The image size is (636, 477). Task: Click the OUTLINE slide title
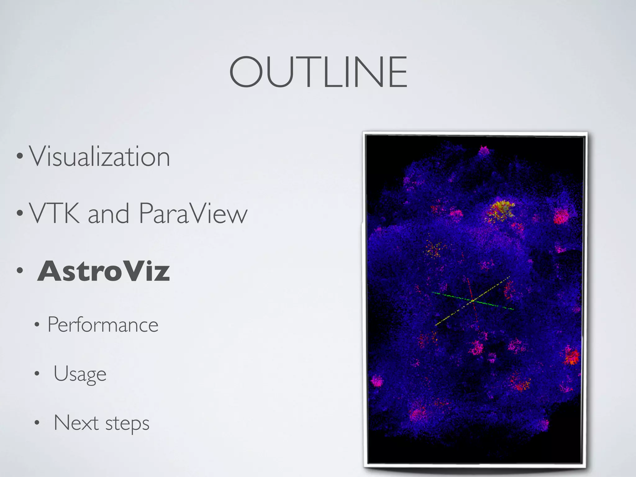[318, 72]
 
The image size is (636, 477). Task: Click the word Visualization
[99, 157]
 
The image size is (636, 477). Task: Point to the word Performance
[103, 325]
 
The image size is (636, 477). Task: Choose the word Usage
[80, 374]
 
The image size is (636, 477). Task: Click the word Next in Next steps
[76, 423]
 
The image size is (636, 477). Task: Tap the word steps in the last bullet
[127, 424]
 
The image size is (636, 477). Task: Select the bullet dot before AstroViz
[20, 270]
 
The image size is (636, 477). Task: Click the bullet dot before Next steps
[37, 423]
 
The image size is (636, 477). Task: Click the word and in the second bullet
[108, 214]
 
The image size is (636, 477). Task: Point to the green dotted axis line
[497, 306]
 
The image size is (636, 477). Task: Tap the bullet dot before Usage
[37, 374]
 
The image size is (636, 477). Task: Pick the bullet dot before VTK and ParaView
[20, 213]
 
